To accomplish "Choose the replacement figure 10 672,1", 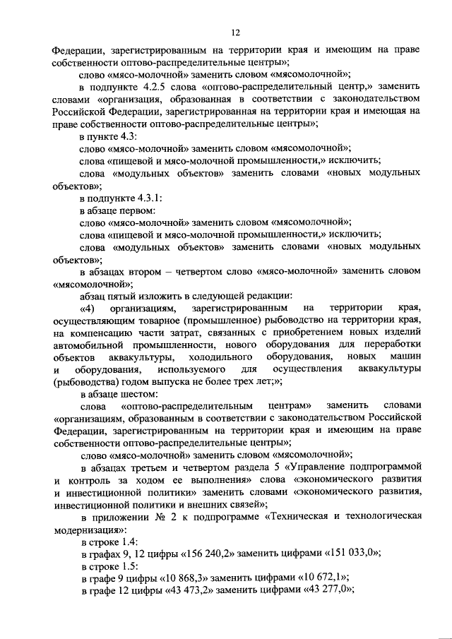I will coord(322,578).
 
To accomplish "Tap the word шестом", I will coord(141,394).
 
